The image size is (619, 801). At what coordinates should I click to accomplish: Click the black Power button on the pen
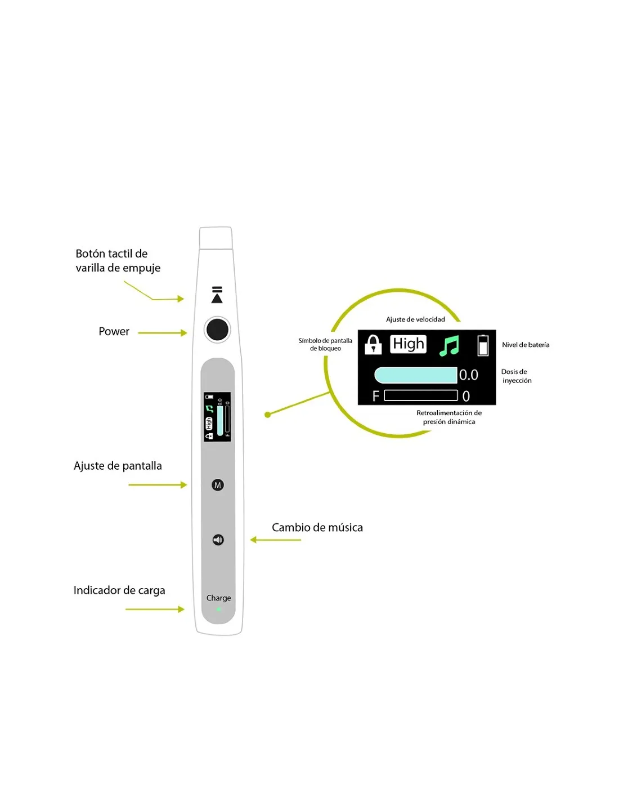click(217, 329)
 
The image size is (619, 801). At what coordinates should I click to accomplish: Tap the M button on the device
click(218, 485)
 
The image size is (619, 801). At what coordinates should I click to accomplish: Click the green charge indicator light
click(218, 609)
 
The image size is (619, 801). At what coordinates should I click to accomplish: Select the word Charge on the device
click(218, 598)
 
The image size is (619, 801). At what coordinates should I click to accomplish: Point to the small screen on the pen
click(217, 416)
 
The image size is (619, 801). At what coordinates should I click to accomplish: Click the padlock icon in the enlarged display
click(373, 344)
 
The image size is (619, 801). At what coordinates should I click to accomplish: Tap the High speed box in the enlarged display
click(408, 344)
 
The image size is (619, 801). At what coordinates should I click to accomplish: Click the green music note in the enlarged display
click(449, 345)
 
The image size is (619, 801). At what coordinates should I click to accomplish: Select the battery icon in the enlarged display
click(483, 345)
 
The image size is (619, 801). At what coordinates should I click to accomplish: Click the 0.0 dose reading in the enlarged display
click(468, 375)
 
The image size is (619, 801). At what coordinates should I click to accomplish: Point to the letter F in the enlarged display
click(375, 396)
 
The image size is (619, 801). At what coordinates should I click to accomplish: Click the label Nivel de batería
click(526, 345)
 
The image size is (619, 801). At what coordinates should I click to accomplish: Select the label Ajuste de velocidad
click(415, 319)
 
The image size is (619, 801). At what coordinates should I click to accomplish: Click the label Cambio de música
click(317, 527)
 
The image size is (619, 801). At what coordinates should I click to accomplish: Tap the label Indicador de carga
click(119, 590)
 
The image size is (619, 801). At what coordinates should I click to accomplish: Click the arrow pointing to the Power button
click(163, 333)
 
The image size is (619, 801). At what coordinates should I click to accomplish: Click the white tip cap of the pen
click(216, 238)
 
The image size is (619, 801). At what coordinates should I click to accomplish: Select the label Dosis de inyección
click(516, 376)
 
